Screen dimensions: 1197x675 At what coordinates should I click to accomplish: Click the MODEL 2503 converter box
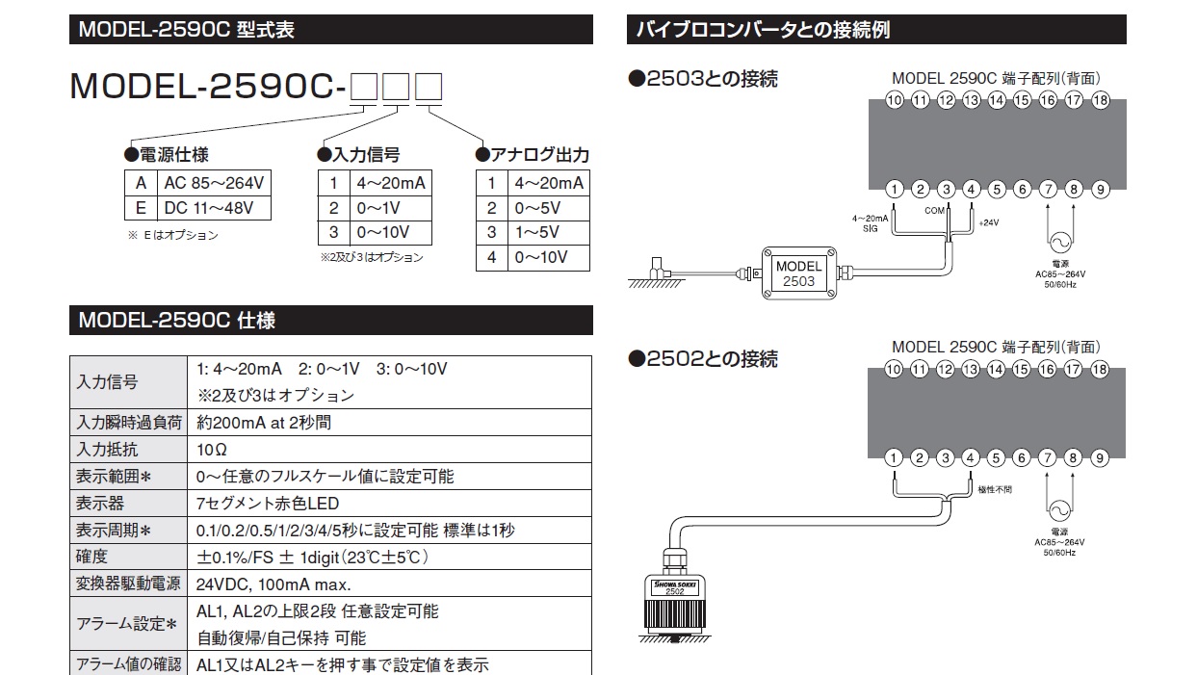799,273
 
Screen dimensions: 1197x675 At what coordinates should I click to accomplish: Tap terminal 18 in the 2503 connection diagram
1101,100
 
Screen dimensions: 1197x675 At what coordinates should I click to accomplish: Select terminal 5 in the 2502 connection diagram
996,458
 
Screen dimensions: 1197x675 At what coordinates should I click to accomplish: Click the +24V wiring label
989,222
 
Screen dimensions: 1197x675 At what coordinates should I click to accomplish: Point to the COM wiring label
935,211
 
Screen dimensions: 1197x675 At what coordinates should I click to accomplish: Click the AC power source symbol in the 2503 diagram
1060,243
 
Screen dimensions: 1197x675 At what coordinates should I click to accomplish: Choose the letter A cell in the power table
141,183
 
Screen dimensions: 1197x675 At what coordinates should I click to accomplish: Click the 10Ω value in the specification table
212,450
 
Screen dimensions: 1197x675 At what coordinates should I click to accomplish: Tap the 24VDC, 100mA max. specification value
273,584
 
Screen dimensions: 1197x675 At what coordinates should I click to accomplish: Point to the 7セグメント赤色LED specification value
268,504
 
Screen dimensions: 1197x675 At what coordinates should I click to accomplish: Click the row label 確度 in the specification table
91,557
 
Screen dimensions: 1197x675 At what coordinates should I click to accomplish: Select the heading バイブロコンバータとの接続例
763,30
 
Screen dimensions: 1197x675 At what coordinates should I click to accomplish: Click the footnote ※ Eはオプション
173,235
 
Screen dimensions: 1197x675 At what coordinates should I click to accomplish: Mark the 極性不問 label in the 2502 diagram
995,489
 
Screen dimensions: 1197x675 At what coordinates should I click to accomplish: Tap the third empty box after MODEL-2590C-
429,87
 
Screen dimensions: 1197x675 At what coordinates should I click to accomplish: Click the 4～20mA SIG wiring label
870,223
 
